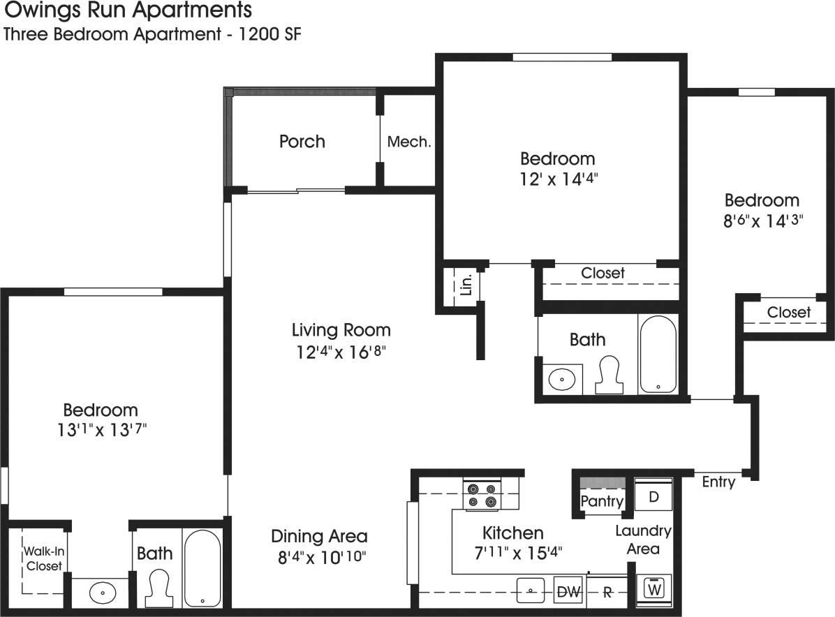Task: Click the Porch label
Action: coord(302,142)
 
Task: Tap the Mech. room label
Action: coord(409,142)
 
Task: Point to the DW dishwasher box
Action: coord(569,592)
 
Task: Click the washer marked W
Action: coord(654,588)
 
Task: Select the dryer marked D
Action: coord(653,497)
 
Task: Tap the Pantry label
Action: coord(602,501)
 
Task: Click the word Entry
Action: coord(718,482)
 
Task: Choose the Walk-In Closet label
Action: coord(44,558)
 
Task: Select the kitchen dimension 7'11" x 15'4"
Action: coord(512,551)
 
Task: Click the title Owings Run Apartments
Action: coord(128,11)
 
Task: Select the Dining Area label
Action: coord(319,536)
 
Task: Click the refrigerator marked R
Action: coord(607,593)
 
